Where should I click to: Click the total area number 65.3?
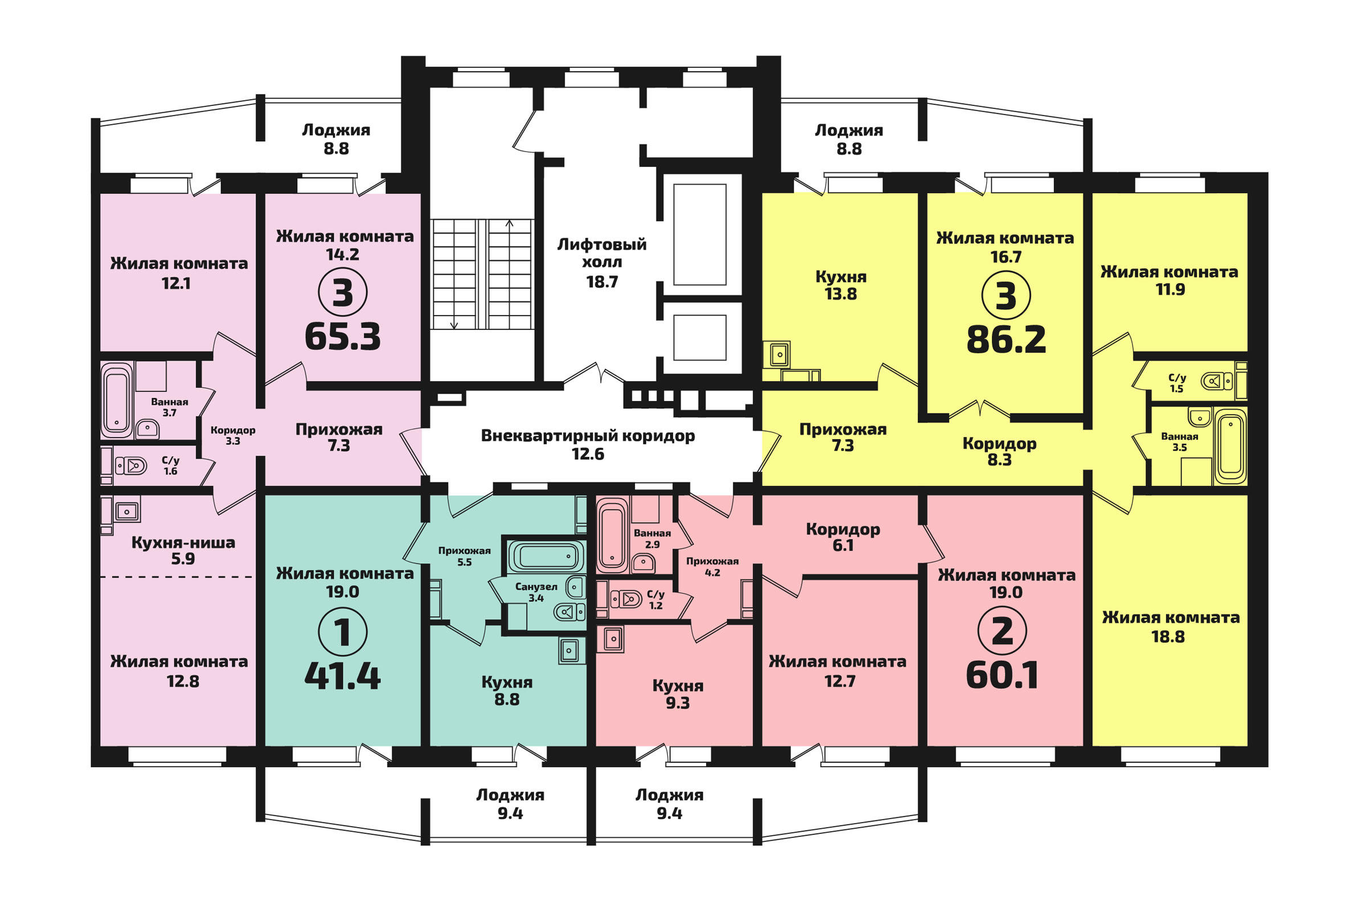point(343,337)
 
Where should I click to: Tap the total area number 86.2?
point(1006,339)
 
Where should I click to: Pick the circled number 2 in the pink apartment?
point(1003,631)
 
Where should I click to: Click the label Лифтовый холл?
point(602,253)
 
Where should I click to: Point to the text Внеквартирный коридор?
point(588,436)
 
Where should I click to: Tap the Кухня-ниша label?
point(183,542)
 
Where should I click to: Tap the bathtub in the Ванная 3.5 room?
point(1230,445)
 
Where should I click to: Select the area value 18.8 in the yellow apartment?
point(1168,637)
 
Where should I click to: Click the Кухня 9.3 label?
point(678,694)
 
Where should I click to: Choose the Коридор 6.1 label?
point(843,537)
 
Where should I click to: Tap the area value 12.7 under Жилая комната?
point(840,681)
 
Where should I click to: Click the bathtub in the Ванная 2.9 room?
point(613,536)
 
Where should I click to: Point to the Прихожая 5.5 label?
point(465,555)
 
